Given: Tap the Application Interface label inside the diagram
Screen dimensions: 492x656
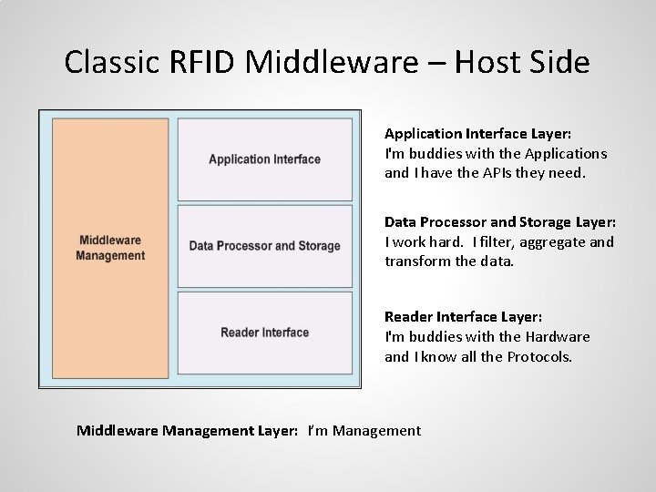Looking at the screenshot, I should point(264,159).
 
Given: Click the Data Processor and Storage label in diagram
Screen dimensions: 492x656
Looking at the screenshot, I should point(264,246).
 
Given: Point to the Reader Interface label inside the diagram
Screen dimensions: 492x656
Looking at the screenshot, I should point(264,333).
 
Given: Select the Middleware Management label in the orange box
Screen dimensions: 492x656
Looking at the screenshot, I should point(110,248).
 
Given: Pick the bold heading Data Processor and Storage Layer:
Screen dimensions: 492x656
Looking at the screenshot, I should point(500,221).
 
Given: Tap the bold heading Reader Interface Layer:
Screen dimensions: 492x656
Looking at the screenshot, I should point(463,316).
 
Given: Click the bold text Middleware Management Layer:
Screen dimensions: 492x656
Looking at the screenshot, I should point(187,430).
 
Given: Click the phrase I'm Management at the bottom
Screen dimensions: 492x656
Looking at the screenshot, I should point(364,430).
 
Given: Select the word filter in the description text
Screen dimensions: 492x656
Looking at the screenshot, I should point(484,241).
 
